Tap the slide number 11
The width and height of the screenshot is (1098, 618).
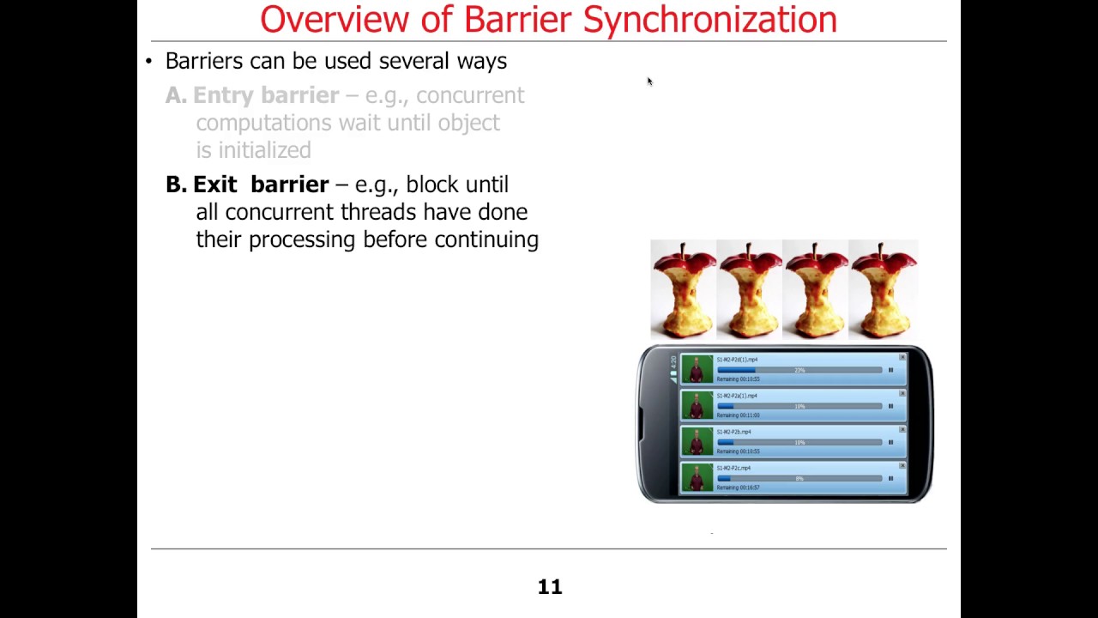(x=549, y=587)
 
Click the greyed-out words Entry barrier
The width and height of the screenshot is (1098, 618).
(x=265, y=95)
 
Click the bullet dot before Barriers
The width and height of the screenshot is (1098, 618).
(x=148, y=61)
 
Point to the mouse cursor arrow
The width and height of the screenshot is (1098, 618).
(x=649, y=82)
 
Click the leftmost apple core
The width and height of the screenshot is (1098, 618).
(x=683, y=290)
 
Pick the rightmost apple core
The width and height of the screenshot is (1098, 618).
(x=883, y=290)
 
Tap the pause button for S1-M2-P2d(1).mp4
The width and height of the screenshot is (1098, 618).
(x=890, y=370)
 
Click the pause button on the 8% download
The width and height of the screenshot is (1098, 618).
(x=890, y=478)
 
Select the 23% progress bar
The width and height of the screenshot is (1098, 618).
(x=799, y=370)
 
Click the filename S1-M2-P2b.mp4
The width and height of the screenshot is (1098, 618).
(x=733, y=432)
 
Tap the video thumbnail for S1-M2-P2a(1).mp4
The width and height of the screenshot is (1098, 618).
(x=697, y=405)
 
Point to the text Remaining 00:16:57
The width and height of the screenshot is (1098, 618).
(x=738, y=488)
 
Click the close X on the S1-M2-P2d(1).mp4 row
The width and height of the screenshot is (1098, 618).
(x=902, y=357)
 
